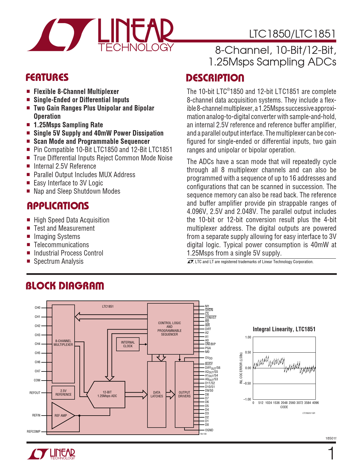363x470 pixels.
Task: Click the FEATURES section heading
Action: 47,77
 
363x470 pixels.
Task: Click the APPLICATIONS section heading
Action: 58,206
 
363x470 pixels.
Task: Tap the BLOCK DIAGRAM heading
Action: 65,286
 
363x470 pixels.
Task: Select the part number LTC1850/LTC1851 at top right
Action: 292,34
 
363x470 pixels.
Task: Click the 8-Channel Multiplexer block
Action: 63,343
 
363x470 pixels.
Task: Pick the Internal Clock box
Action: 128,344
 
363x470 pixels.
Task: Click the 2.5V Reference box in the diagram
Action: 63,393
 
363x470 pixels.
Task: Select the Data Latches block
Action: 157,394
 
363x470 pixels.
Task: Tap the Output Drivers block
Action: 184,394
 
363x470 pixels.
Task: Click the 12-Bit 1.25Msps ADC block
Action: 107,394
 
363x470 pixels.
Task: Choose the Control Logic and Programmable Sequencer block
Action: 170,329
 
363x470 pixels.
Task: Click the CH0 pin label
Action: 38,308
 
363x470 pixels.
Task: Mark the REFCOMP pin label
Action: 34,432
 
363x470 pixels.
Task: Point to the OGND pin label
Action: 209,430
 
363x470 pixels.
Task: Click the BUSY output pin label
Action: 209,364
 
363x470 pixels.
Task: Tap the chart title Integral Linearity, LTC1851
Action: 284,329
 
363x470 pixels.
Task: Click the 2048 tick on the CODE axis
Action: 284,403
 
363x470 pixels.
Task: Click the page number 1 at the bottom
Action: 331,454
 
